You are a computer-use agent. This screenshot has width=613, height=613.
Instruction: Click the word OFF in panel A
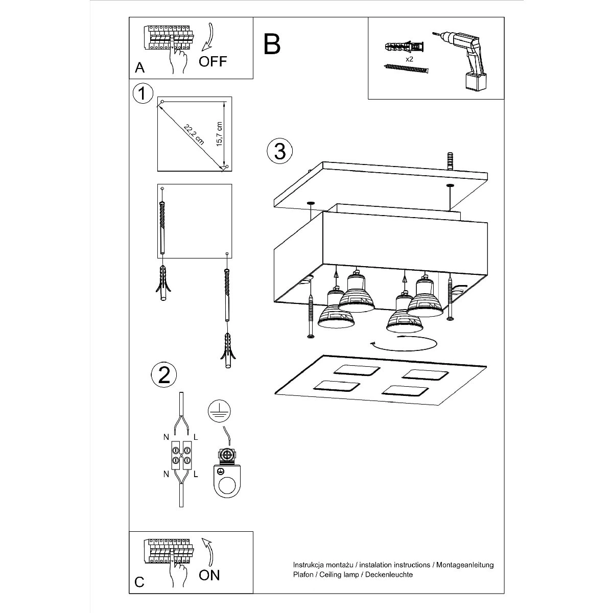point(213,61)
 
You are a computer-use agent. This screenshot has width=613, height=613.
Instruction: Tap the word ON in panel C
point(209,575)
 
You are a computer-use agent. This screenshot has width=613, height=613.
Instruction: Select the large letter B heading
point(272,44)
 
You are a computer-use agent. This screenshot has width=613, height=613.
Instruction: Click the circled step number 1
point(143,93)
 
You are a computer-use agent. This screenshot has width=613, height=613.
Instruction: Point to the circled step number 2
point(164,374)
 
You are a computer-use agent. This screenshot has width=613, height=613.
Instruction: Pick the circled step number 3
point(280,151)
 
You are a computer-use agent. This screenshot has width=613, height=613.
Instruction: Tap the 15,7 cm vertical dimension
point(219,134)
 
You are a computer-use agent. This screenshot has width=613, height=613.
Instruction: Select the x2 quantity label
point(409,59)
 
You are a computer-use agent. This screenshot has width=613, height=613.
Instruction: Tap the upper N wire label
point(166,437)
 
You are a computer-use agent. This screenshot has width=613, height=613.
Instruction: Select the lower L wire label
point(196,474)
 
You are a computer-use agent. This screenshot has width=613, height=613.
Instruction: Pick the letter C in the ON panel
point(139,582)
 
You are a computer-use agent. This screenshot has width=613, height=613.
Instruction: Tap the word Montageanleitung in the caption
point(464,565)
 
